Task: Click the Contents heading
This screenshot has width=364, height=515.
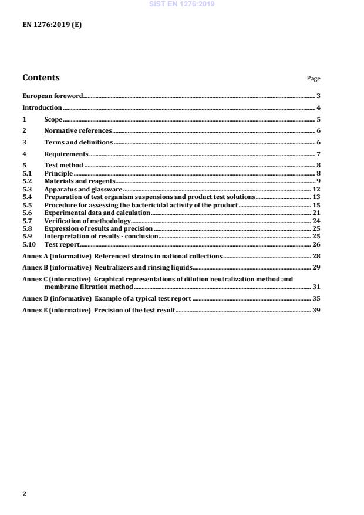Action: pyautogui.click(x=41, y=78)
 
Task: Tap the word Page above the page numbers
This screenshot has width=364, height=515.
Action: pyautogui.click(x=314, y=79)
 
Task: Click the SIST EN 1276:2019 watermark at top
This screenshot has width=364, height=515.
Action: pyautogui.click(x=182, y=4)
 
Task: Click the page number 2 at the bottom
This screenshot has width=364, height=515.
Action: pyautogui.click(x=24, y=493)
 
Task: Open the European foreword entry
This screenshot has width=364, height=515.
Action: pyautogui.click(x=52, y=95)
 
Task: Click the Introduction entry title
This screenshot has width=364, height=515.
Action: pyautogui.click(x=42, y=107)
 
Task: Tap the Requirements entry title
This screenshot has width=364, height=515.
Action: pyautogui.click(x=66, y=154)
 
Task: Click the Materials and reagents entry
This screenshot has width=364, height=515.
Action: pyautogui.click(x=79, y=182)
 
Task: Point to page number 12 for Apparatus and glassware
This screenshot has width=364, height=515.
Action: pyautogui.click(x=316, y=190)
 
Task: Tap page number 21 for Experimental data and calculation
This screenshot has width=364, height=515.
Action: pyautogui.click(x=316, y=212)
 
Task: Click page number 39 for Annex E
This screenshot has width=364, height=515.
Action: pyautogui.click(x=316, y=309)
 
